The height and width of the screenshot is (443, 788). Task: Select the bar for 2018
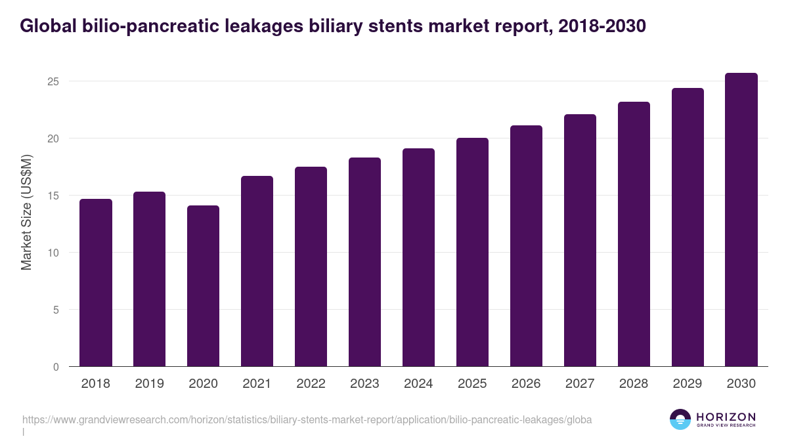coord(96,282)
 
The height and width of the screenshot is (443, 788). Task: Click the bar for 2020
coord(204,285)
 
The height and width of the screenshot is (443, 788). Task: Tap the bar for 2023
coord(365,263)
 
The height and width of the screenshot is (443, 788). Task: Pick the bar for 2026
coord(527,246)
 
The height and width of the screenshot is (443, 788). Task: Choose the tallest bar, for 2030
coord(741,220)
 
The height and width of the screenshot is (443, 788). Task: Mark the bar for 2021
coord(257,271)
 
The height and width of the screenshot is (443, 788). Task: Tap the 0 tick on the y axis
coord(57,367)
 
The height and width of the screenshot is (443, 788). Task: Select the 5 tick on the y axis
coord(57,310)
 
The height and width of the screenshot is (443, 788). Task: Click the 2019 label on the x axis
coord(150,384)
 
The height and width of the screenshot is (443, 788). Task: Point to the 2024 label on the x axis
coord(419,384)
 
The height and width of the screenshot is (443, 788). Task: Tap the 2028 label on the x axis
coord(634,384)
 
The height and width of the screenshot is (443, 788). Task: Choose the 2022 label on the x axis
coord(311,384)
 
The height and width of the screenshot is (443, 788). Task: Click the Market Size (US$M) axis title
coord(27,212)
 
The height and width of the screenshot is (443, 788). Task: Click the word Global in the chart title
coord(46,26)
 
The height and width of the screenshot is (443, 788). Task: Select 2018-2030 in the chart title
coord(602,26)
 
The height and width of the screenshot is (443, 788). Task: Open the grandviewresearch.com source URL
coord(307,419)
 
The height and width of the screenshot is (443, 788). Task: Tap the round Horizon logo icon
coord(680,419)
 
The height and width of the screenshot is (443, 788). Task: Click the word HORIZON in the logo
coord(726,416)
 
